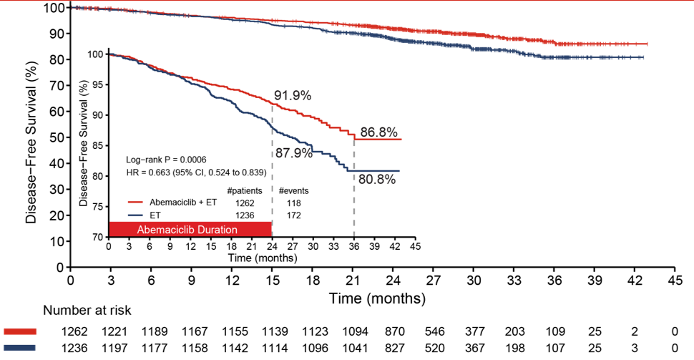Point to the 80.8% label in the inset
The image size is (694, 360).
(x=378, y=180)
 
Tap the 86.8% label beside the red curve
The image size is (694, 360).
(x=378, y=132)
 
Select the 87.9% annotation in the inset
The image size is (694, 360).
(x=293, y=153)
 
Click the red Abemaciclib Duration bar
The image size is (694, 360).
(x=190, y=229)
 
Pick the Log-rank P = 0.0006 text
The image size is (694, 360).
(x=166, y=160)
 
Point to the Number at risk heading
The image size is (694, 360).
(x=87, y=311)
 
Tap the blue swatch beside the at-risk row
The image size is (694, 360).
(x=20, y=349)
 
